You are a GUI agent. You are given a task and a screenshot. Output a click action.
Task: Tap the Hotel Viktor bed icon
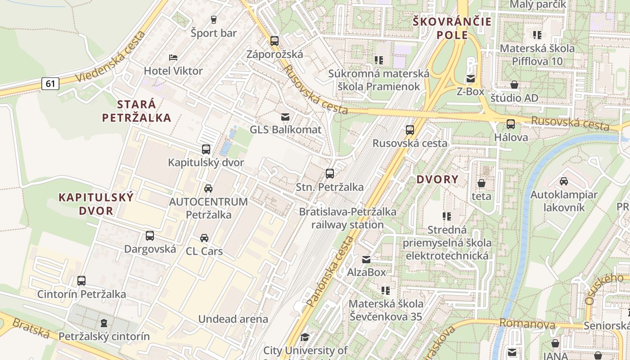(173, 57)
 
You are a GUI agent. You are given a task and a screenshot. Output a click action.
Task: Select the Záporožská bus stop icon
(274, 41)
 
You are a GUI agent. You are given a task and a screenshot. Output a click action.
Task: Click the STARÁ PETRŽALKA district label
(136, 111)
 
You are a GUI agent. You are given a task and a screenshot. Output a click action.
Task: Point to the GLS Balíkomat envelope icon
(285, 117)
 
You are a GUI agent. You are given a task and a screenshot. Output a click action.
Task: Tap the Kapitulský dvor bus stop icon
(206, 149)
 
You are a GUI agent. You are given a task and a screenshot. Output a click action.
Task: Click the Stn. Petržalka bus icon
(330, 174)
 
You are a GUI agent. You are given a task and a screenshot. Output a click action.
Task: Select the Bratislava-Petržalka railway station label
(347, 218)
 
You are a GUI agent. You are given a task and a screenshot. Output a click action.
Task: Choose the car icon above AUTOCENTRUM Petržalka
(208, 189)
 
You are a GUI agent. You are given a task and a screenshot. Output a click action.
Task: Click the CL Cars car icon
(204, 238)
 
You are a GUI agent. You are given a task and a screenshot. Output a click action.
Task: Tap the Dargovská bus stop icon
(150, 236)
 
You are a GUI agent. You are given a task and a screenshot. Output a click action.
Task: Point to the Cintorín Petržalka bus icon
(81, 281)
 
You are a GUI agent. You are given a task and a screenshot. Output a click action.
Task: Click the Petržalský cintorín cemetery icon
(104, 323)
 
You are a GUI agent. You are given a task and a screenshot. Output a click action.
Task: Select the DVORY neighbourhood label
(437, 180)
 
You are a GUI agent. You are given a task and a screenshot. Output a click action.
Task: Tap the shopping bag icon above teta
(481, 183)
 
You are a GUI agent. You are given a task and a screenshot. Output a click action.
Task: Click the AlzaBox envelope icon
(366, 260)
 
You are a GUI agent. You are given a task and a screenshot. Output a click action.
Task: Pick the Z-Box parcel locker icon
(471, 79)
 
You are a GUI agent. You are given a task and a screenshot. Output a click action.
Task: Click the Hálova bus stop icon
(511, 124)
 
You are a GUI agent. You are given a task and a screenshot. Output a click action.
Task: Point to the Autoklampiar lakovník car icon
(564, 181)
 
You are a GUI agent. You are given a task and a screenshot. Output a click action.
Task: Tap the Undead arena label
(233, 319)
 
